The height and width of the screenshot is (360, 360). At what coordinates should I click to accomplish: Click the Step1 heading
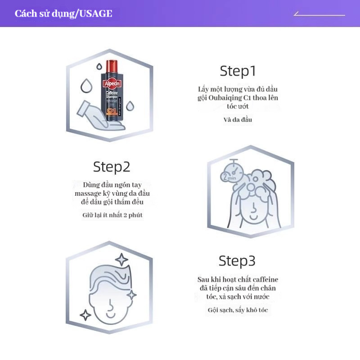click(x=238, y=71)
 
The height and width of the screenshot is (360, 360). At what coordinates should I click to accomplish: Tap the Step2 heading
click(x=112, y=166)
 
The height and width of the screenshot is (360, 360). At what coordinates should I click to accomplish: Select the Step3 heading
click(x=237, y=261)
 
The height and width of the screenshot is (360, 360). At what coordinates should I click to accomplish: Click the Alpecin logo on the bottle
click(x=112, y=84)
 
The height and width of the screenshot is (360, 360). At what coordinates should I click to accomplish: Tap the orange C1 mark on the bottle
click(x=112, y=111)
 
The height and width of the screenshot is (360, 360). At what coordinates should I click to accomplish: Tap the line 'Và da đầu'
click(x=238, y=120)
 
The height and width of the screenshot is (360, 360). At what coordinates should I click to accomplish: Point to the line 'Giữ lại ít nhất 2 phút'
click(x=112, y=215)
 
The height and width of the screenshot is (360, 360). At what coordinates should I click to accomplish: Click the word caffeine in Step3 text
click(x=265, y=279)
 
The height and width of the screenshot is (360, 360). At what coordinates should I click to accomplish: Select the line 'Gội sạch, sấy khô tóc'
click(x=238, y=310)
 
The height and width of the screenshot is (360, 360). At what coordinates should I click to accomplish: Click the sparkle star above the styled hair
click(x=121, y=260)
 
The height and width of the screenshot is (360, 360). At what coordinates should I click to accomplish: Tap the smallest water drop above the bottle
click(x=99, y=67)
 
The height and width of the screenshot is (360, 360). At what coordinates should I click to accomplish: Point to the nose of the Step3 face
click(x=111, y=305)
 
